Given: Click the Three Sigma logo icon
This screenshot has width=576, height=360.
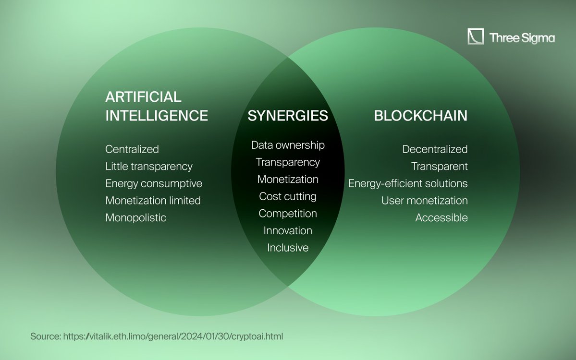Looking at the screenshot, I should (476, 37).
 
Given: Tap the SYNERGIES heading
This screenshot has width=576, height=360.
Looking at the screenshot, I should (288, 116).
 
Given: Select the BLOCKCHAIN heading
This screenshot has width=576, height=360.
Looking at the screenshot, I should (420, 116).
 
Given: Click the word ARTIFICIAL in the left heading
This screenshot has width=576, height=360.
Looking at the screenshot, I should (143, 97).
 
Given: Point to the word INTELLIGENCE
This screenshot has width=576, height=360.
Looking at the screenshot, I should (157, 116).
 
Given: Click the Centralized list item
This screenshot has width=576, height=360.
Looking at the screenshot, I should (132, 149).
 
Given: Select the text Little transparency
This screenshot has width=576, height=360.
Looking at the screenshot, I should (149, 167).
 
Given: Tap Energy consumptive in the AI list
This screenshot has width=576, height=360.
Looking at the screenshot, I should (154, 184).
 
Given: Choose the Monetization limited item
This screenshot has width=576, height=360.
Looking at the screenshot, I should (153, 201).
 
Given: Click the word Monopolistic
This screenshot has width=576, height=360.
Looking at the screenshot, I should (136, 218).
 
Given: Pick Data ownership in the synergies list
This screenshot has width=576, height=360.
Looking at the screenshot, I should (288, 145).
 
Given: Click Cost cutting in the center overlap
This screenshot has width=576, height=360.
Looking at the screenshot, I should (288, 196).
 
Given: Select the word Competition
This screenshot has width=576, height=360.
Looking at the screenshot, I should (288, 214).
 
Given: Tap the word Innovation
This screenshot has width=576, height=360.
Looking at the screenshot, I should (288, 231).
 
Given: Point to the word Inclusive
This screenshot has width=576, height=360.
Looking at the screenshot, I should (288, 248).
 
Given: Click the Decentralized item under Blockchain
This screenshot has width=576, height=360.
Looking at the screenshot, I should (435, 149).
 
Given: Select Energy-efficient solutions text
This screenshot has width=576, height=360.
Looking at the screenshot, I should (408, 184).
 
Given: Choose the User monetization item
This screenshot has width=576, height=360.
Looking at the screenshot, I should (424, 201).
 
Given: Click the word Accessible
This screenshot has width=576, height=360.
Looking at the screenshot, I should (441, 218).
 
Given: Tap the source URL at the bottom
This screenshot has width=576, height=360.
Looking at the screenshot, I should (173, 336).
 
